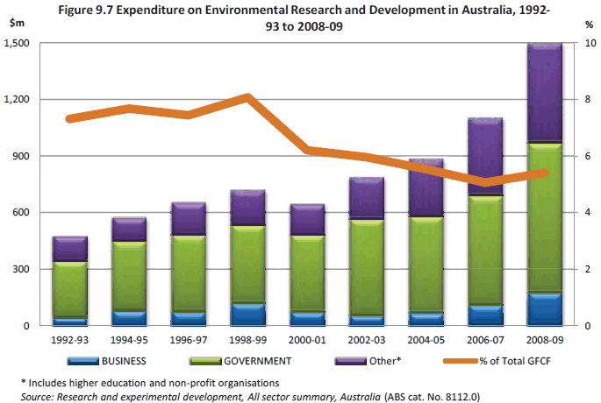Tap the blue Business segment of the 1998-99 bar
[247, 315]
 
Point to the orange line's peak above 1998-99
[247, 96]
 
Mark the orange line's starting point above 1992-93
[70, 118]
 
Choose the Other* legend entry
[384, 359]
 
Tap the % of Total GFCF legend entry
[518, 359]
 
